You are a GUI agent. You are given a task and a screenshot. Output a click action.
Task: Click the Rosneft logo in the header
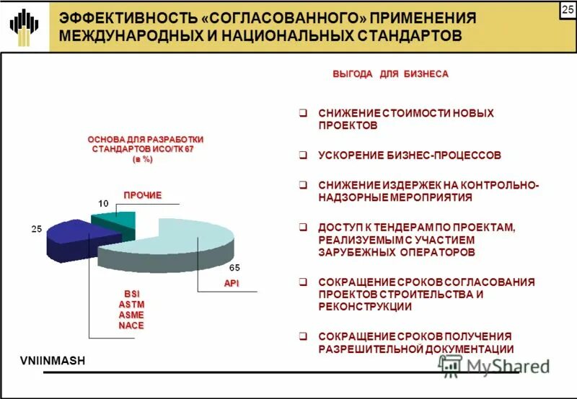25,26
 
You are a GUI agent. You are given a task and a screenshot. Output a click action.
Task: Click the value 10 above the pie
104,202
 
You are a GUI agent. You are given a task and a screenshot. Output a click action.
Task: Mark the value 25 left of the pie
35,229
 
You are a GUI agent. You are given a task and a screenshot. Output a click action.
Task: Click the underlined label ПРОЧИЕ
141,195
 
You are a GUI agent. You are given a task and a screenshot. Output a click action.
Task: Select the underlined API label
231,283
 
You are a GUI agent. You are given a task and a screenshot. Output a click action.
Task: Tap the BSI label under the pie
131,293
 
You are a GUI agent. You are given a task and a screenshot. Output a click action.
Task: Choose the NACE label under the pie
131,325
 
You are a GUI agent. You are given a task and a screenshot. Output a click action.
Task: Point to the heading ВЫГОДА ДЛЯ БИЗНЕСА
389,75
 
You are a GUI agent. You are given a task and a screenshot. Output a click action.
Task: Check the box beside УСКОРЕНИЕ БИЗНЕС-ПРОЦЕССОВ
304,154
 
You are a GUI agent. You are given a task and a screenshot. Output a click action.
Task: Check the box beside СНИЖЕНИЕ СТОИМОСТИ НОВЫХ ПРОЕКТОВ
304,113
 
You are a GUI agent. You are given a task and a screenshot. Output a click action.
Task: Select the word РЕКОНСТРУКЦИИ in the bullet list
365,307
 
